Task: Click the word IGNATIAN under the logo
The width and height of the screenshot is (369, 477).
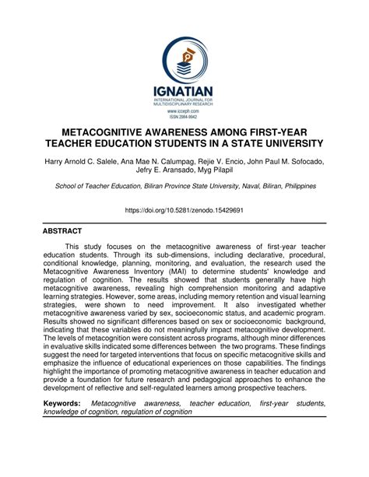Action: coord(184,93)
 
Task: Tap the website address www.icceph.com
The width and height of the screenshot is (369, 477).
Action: coord(184,111)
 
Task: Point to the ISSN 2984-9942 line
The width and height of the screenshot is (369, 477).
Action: coord(184,117)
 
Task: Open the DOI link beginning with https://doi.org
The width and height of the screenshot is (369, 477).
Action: coord(184,210)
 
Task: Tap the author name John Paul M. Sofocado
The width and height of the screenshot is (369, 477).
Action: coord(284,161)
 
